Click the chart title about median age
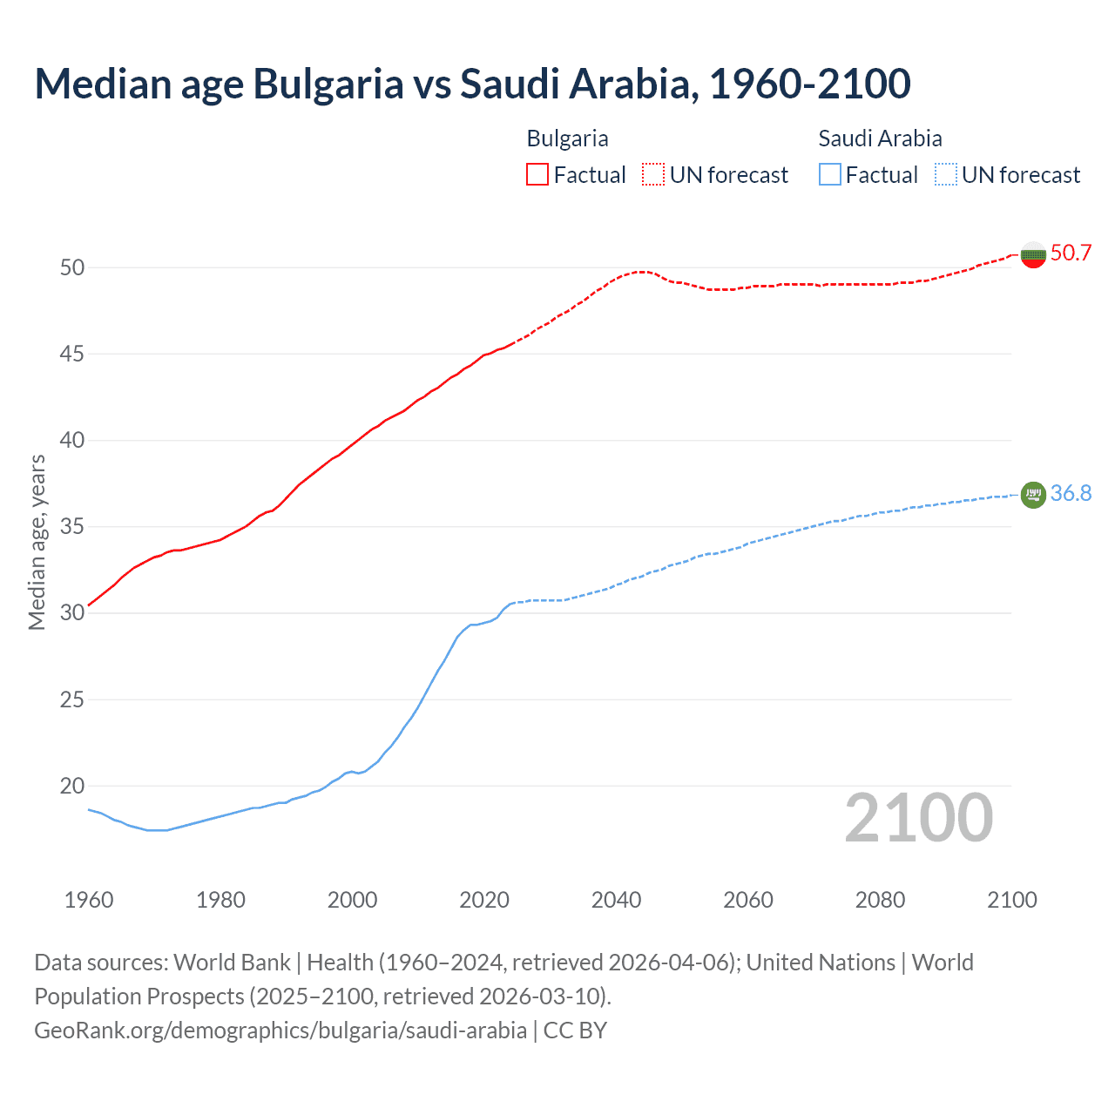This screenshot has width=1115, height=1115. [x=472, y=84]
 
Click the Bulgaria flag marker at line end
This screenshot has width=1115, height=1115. [x=1033, y=254]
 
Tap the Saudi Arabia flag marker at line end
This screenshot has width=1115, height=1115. [x=1033, y=494]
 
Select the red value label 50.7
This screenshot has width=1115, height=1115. [x=1071, y=253]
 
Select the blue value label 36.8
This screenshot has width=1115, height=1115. [x=1071, y=493]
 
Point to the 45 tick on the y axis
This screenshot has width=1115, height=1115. [x=72, y=354]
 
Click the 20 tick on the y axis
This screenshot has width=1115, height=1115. [x=72, y=786]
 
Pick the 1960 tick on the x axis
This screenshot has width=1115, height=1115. [x=89, y=900]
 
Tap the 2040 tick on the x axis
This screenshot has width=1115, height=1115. [x=616, y=900]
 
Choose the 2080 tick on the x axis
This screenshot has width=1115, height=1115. [x=880, y=900]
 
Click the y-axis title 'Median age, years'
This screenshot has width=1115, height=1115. [x=37, y=542]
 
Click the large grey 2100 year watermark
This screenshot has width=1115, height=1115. [x=918, y=817]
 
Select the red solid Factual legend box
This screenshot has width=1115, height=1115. [x=537, y=175]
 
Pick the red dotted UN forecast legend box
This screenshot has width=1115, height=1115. [x=653, y=175]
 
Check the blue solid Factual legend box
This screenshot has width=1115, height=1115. [x=830, y=175]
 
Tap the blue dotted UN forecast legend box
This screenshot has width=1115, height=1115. [x=945, y=175]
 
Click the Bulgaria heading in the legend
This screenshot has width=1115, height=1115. [x=567, y=139]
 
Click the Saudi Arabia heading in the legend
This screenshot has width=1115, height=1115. [x=880, y=139]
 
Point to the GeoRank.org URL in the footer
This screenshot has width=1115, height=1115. [x=280, y=1031]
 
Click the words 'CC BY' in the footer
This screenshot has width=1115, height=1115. [x=575, y=1031]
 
